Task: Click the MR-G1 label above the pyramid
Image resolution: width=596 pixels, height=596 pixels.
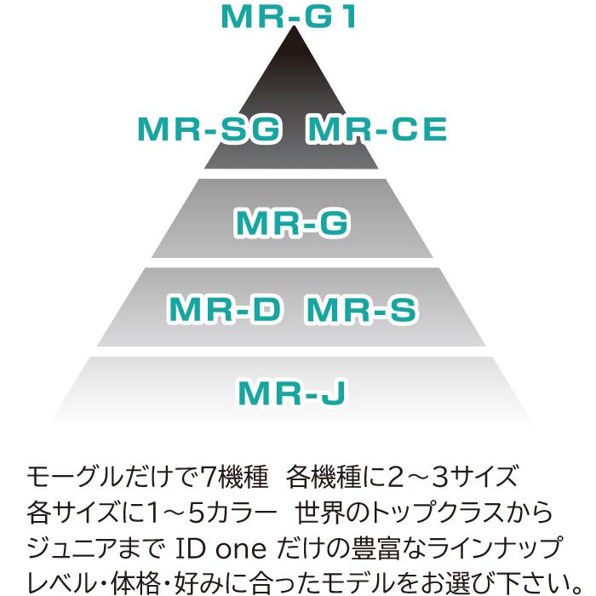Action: coord(287,17)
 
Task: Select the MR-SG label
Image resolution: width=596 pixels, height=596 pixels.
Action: coord(209,130)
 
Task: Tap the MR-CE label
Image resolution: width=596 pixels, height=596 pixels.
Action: coord(376,130)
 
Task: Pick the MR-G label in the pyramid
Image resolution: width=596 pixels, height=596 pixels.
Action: coord(292,222)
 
